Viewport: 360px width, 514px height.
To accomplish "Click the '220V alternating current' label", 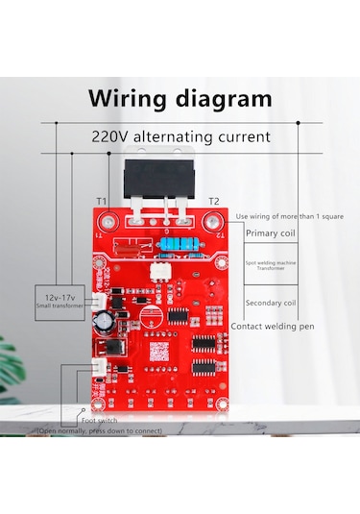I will (x=181, y=136).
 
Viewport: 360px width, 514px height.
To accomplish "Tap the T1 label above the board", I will (x=102, y=201).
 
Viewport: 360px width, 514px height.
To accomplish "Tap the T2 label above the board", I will (x=214, y=201).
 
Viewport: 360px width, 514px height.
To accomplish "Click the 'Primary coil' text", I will (x=271, y=233).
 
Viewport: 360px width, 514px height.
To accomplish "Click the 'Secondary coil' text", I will (x=271, y=303).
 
